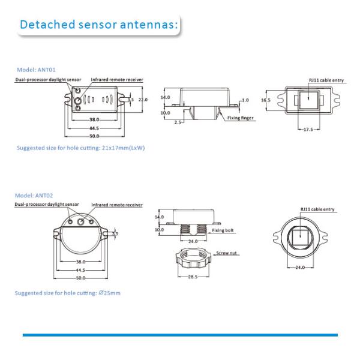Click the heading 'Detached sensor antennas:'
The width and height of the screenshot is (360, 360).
point(98,25)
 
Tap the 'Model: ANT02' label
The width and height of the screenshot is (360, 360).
point(35,196)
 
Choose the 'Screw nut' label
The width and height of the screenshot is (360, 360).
point(227,253)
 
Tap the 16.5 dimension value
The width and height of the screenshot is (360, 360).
point(266,100)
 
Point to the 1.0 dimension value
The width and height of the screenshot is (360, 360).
point(245,100)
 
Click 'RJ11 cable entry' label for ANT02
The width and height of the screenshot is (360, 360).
point(317,209)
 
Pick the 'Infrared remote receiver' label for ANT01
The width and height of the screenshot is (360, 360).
point(117,79)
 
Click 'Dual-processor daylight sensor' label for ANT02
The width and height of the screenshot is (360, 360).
point(47,205)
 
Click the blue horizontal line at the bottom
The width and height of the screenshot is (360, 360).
point(180,335)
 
